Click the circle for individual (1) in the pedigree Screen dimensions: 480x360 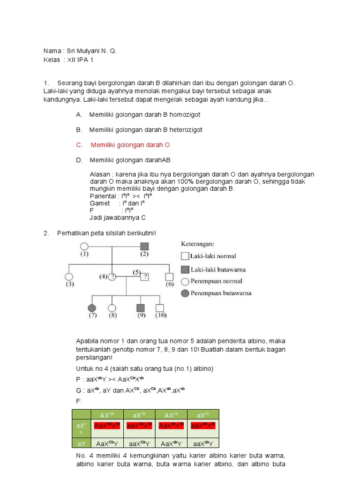pyautogui.click(x=84, y=246)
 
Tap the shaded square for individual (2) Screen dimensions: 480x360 pyautogui.click(x=144, y=246)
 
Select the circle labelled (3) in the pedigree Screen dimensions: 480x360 pyautogui.click(x=69, y=277)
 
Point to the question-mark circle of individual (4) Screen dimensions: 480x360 pyautogui.click(x=112, y=277)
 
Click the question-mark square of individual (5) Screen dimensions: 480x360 pyautogui.click(x=144, y=277)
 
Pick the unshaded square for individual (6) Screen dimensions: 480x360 pyautogui.click(x=169, y=277)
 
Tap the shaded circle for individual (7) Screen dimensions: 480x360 pyautogui.click(x=92, y=308)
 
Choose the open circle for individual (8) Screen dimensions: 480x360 pyautogui.click(x=112, y=308)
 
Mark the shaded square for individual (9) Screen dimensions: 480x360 pyautogui.click(x=140, y=308)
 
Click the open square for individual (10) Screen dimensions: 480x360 pyautogui.click(x=160, y=308)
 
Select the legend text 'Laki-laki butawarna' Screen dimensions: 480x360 pyautogui.click(x=218, y=270)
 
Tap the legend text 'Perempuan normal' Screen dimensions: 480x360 pyautogui.click(x=216, y=281)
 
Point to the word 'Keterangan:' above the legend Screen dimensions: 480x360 pyautogui.click(x=197, y=244)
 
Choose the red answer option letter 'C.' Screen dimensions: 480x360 pyautogui.click(x=79, y=145)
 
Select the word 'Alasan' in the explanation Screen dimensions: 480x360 pyautogui.click(x=98, y=174)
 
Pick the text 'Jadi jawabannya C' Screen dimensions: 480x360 pyautogui.click(x=118, y=218)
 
